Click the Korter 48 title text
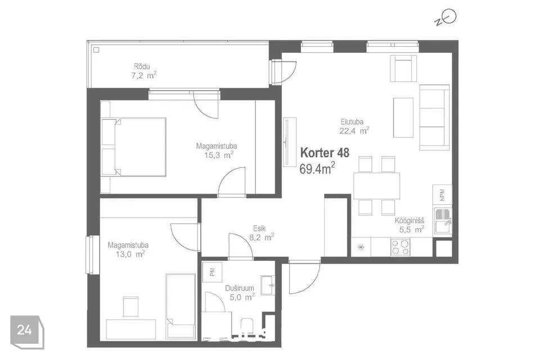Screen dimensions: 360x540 pyautogui.click(x=325, y=152)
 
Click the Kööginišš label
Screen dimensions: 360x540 pyautogui.click(x=409, y=221)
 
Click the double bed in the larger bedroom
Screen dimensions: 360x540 pyautogui.click(x=134, y=147)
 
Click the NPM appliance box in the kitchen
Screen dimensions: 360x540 pyautogui.click(x=442, y=195)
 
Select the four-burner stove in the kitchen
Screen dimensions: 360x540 pyautogui.click(x=400, y=247)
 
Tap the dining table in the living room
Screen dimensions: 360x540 pyautogui.click(x=376, y=185)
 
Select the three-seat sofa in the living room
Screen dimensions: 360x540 pyautogui.click(x=435, y=118)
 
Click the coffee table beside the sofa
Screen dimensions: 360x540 pyautogui.click(x=403, y=118)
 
